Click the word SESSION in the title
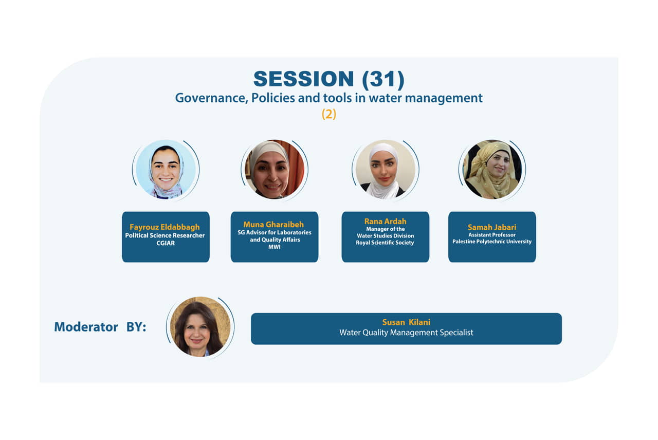(303, 79)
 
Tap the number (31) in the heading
(383, 79)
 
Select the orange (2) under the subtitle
(328, 114)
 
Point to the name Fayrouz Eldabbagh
(164, 227)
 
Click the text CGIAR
(166, 243)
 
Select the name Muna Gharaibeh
(273, 225)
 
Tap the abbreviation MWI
(274, 247)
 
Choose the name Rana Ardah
(385, 221)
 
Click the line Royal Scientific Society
(385, 243)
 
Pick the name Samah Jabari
(492, 227)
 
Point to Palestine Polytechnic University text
(492, 242)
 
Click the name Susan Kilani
(406, 322)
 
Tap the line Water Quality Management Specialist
(406, 333)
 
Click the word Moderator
(86, 327)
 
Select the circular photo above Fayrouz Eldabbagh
(166, 169)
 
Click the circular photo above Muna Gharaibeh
(275, 169)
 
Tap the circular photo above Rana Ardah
(386, 169)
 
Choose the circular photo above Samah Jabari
(492, 169)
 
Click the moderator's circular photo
(200, 326)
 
